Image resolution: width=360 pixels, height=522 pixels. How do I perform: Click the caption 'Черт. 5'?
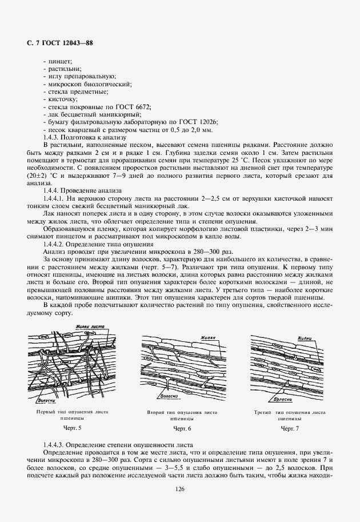click(71, 428)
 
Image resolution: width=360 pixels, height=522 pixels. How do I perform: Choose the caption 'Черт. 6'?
click(182, 428)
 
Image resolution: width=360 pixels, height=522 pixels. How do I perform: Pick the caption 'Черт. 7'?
click(289, 428)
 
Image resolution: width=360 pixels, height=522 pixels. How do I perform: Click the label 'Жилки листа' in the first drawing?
click(88, 327)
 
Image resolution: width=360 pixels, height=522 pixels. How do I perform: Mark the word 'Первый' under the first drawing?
click(46, 412)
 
